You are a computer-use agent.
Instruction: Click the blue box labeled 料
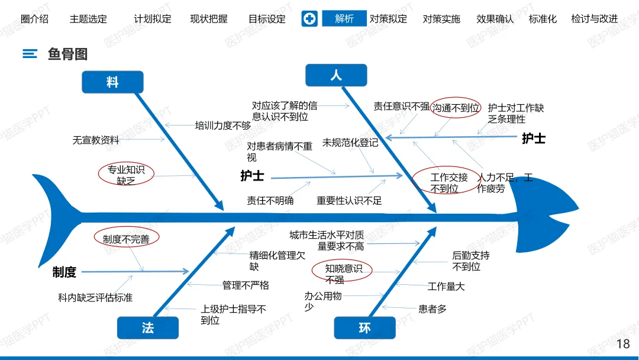pyautogui.click(x=112, y=82)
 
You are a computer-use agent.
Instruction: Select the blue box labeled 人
pyautogui.click(x=336, y=76)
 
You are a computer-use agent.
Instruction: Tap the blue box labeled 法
pyautogui.click(x=147, y=327)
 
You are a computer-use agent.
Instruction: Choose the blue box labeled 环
pyautogui.click(x=364, y=327)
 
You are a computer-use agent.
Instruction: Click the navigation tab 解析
pyautogui.click(x=344, y=19)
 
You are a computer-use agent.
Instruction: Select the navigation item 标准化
pyautogui.click(x=543, y=19)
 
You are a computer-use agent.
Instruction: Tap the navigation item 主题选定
pyautogui.click(x=88, y=19)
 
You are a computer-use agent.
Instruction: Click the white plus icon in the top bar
pyautogui.click(x=309, y=19)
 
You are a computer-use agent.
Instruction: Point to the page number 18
pyautogui.click(x=623, y=344)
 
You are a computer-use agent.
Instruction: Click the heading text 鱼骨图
pyautogui.click(x=67, y=54)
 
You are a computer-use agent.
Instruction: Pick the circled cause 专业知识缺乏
pyautogui.click(x=126, y=175)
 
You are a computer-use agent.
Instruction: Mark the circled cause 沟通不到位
pyautogui.click(x=456, y=108)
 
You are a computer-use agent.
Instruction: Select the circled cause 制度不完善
pyautogui.click(x=126, y=239)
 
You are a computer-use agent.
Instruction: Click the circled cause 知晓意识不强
pyautogui.click(x=343, y=274)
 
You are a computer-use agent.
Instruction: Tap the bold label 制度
pyautogui.click(x=64, y=272)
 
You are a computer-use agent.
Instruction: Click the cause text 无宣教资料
pyautogui.click(x=96, y=140)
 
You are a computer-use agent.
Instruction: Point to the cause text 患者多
pyautogui.click(x=433, y=308)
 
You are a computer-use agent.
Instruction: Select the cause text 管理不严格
pyautogui.click(x=246, y=285)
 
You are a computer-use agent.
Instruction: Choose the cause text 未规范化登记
pyautogui.click(x=350, y=143)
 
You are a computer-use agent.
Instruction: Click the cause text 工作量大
pyautogui.click(x=446, y=287)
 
